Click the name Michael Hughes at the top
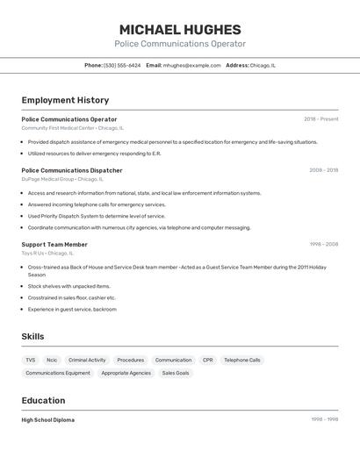[180, 29]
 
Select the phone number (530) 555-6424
[122, 65]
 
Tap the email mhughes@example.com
[191, 65]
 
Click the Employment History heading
[65, 100]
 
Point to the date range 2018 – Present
[320, 119]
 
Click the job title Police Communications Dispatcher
[72, 170]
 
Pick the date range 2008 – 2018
[323, 170]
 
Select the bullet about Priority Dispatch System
[97, 216]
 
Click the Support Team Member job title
[54, 245]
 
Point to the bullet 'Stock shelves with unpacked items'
[69, 286]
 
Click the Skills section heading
[33, 336]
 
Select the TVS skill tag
[31, 360]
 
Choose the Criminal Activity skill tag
[87, 360]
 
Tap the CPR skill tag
[207, 360]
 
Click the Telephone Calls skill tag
[241, 360]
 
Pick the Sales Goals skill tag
[176, 373]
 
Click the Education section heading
[45, 400]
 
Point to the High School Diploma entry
[48, 420]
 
